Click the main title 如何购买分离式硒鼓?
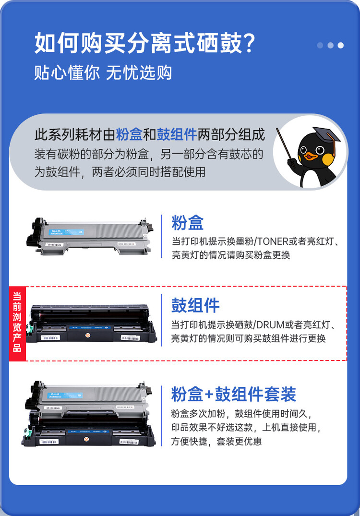point(144,44)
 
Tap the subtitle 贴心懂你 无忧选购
point(103,73)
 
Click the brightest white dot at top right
point(341,46)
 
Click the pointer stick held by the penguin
point(285,147)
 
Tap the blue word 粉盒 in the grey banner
point(129,135)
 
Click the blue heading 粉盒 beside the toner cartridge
point(188,223)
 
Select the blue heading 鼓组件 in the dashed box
point(195,305)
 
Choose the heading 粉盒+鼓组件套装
point(233,394)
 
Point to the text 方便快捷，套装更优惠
point(216,441)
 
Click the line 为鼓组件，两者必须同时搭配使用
point(120,171)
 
